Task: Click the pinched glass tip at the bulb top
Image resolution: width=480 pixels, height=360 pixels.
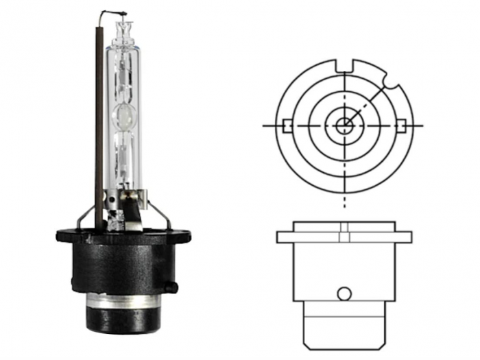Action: point(125,28)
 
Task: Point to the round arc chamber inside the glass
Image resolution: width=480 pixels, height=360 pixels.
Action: point(125,117)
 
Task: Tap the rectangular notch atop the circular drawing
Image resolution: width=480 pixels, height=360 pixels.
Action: point(345,67)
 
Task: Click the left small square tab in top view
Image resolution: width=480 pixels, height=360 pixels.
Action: point(287,125)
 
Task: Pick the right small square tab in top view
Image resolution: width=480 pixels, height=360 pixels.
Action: point(402,125)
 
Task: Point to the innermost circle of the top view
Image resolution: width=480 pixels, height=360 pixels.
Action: point(344,125)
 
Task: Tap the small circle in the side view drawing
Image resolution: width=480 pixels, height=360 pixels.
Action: point(344,293)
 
